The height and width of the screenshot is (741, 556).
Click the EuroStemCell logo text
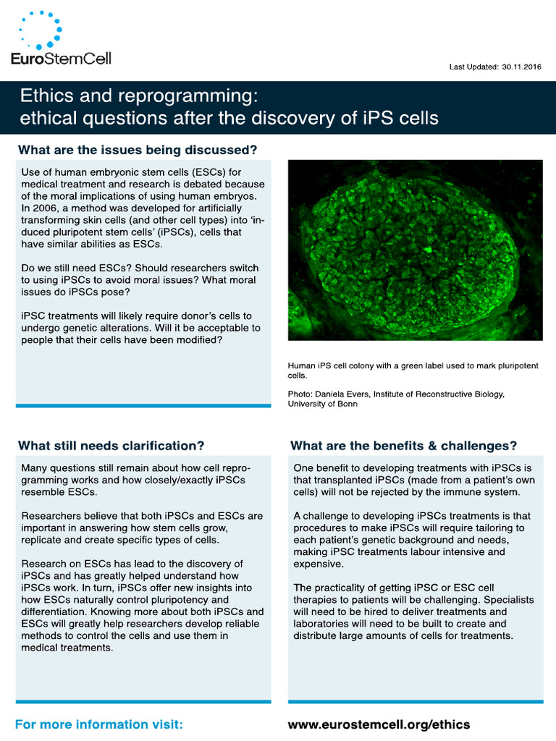pos(62,57)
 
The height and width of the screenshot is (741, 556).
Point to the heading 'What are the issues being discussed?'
pos(138,151)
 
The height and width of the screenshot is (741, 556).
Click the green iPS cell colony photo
pos(415,250)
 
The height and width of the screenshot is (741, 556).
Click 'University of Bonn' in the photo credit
pos(323,404)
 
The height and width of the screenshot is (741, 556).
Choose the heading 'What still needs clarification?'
pos(111,444)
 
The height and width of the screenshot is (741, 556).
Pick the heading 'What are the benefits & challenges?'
pos(404,444)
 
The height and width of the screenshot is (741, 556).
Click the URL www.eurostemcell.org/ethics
pos(379,724)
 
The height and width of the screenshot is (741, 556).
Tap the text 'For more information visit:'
pos(99,724)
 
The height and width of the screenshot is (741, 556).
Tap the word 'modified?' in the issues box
pos(198,339)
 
